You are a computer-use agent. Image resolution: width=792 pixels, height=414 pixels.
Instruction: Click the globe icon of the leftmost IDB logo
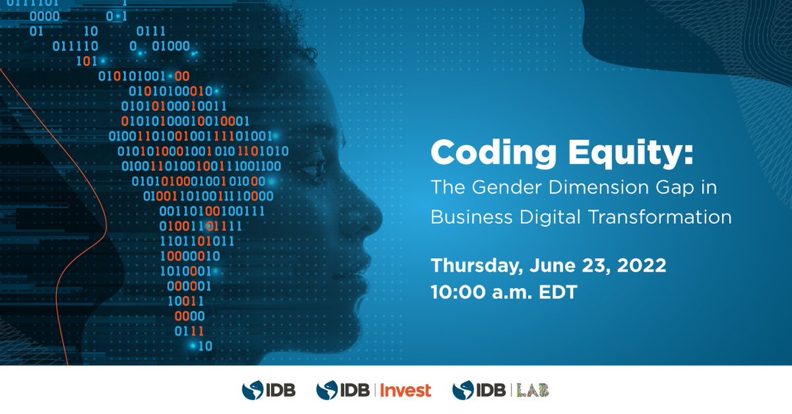(253, 390)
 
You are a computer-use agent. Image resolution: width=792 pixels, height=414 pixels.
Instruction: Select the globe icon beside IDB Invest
(327, 390)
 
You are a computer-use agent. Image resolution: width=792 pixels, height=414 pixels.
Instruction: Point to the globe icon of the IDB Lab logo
(463, 390)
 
